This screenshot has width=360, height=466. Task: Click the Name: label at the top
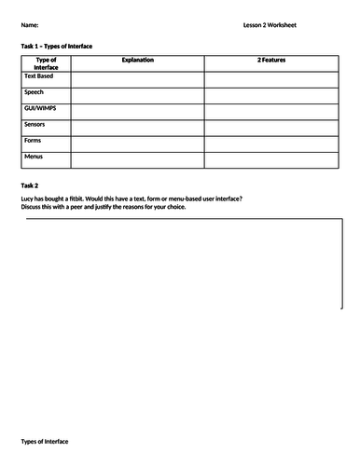tap(29, 25)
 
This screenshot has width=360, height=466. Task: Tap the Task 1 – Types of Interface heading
tap(56, 46)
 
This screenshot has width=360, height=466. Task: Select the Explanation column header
tap(137, 60)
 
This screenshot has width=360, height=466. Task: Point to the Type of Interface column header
tap(46, 63)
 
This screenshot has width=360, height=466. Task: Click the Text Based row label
tap(39, 75)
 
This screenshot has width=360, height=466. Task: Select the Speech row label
tap(34, 92)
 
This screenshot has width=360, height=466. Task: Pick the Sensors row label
tap(35, 124)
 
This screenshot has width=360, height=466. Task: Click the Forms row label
tap(33, 140)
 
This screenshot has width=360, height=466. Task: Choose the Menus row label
tap(34, 156)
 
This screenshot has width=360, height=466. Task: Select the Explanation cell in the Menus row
tap(137, 159)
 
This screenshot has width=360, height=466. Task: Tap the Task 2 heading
tap(29, 185)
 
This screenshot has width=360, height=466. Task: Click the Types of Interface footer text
tap(44, 441)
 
